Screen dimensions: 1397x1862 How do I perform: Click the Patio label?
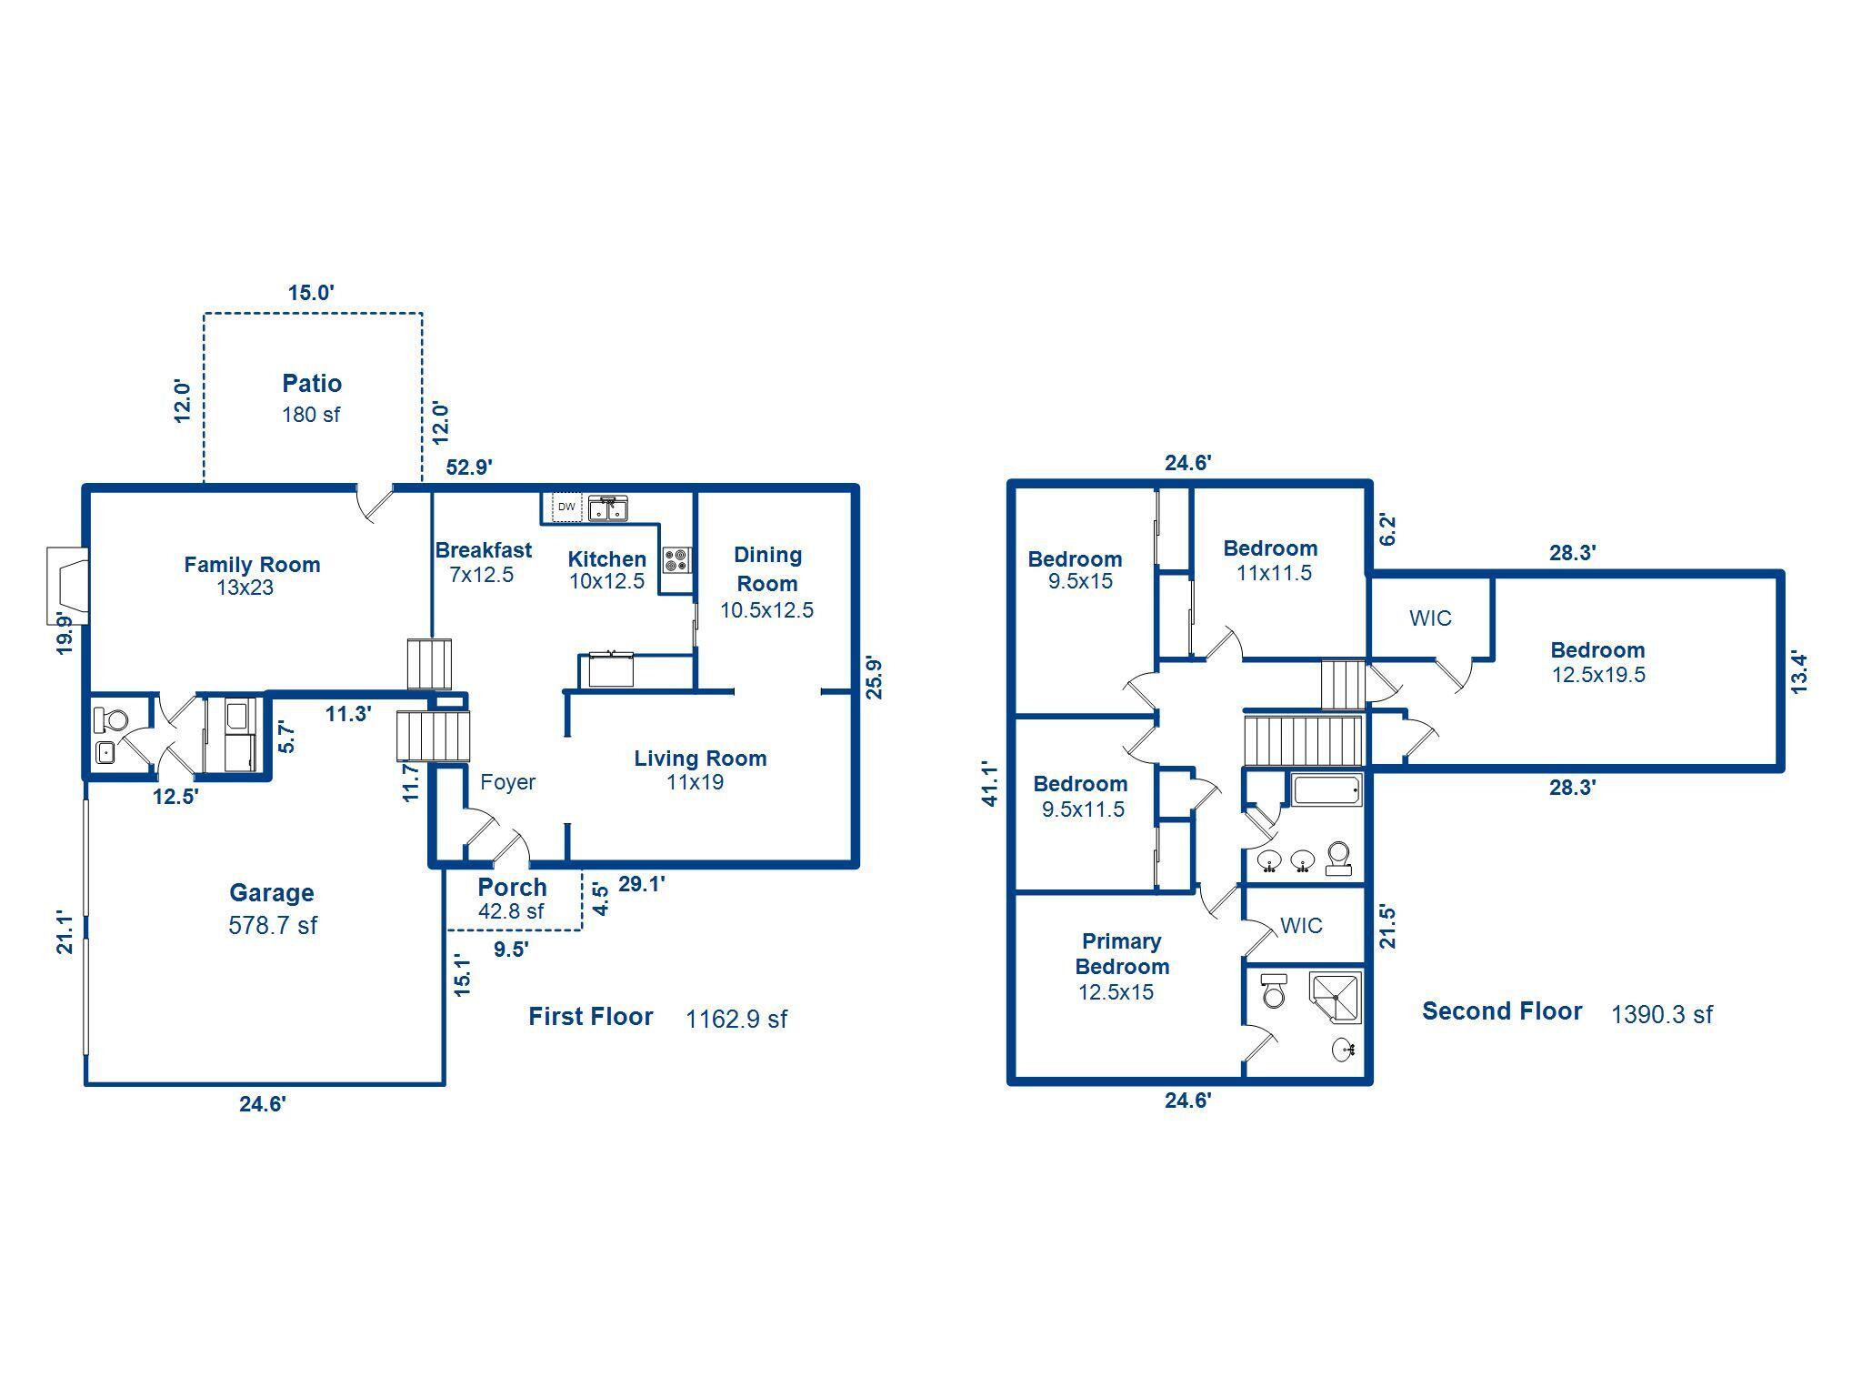tap(311, 383)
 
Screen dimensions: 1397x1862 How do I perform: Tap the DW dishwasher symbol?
tap(566, 507)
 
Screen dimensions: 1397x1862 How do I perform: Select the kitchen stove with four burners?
tap(676, 559)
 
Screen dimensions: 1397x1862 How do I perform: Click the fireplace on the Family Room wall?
tap(67, 586)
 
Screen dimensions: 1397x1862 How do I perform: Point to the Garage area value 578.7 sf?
tap(273, 926)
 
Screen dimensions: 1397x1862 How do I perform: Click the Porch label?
tap(512, 887)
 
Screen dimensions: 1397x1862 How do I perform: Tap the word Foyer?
tap(507, 782)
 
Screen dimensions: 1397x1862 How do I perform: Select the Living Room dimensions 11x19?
tap(695, 782)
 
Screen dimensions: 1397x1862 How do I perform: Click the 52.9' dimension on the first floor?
tap(469, 467)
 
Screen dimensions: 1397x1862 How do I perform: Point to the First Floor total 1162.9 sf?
tap(736, 1019)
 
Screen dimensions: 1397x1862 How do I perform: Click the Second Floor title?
tap(1501, 1011)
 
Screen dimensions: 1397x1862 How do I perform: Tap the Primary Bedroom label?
tap(1122, 953)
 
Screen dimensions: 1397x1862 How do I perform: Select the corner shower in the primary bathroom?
tap(1336, 998)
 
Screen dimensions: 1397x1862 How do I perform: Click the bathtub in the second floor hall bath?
tap(1326, 789)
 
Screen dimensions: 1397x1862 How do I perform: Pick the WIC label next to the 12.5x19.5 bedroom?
tap(1430, 618)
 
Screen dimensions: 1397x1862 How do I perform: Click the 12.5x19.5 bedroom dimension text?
tap(1597, 675)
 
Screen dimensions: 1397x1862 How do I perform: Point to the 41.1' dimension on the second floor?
tap(990, 784)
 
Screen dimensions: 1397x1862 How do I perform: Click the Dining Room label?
tap(767, 568)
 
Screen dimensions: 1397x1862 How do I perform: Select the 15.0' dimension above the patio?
tap(311, 293)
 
